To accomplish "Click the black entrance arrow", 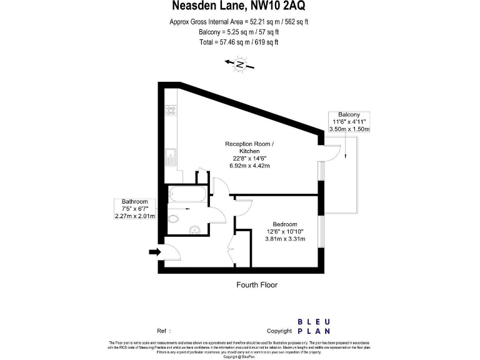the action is tap(154, 252).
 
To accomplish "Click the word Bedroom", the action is tap(284, 224).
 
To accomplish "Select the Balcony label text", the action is tap(349, 114).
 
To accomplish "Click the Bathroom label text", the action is tap(134, 201).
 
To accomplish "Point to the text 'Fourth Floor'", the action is tap(256, 285).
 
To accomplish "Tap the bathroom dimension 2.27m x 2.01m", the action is tap(134, 216).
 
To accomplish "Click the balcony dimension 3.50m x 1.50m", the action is tap(349, 129).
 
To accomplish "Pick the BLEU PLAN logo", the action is tap(314, 325).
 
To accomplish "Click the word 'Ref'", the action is tap(161, 331).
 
